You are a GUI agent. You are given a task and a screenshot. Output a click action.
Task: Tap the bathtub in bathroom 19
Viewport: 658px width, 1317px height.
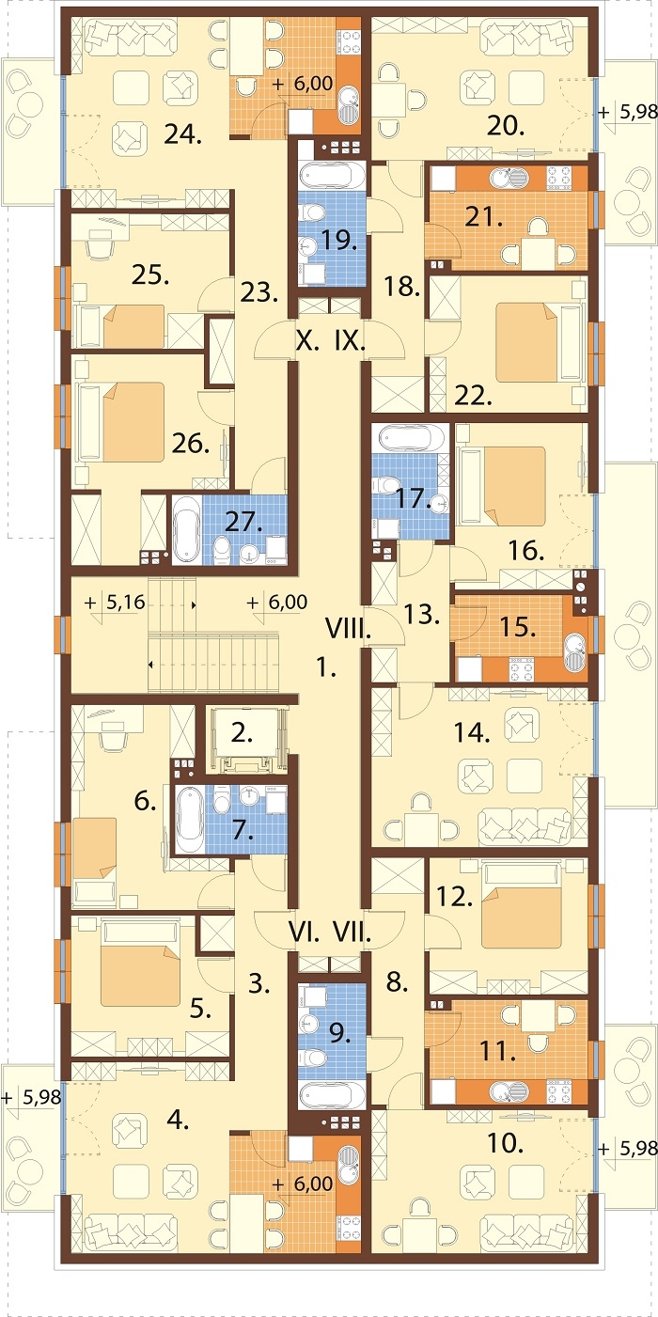(x=332, y=175)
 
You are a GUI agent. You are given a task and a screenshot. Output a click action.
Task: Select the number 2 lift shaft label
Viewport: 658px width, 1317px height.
(x=242, y=733)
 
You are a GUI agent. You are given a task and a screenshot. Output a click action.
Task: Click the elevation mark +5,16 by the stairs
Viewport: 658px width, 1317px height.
(x=116, y=603)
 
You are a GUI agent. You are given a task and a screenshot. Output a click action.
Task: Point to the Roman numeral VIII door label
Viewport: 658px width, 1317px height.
(x=348, y=631)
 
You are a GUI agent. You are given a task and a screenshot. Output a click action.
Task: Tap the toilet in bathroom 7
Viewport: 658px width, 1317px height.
(x=223, y=801)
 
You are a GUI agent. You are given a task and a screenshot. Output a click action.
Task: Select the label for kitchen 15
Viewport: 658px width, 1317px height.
(x=517, y=627)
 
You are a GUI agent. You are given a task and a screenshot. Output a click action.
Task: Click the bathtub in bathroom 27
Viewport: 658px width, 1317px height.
(x=187, y=530)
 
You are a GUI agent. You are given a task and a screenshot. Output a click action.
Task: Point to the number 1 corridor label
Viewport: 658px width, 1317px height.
(x=326, y=667)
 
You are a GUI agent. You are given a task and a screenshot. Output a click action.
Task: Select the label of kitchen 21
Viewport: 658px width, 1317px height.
(x=484, y=218)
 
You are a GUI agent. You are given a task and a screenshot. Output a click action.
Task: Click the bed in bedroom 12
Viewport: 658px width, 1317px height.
(x=521, y=917)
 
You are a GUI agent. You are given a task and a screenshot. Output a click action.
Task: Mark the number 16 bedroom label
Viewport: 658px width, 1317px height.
(x=525, y=551)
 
